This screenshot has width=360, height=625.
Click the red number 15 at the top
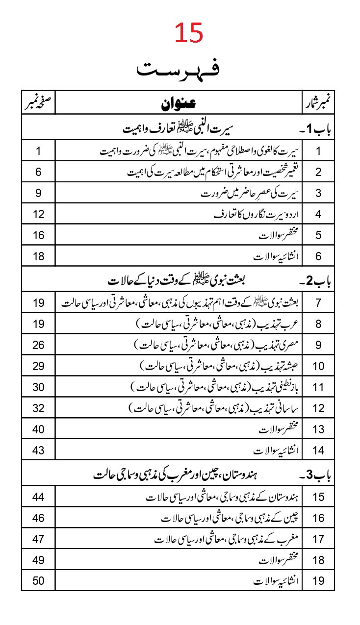(188, 34)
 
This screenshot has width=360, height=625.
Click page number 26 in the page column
(38, 345)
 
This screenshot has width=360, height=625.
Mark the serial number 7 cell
(318, 302)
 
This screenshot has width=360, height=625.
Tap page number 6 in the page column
(38, 172)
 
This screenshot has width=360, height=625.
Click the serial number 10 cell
(318, 366)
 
